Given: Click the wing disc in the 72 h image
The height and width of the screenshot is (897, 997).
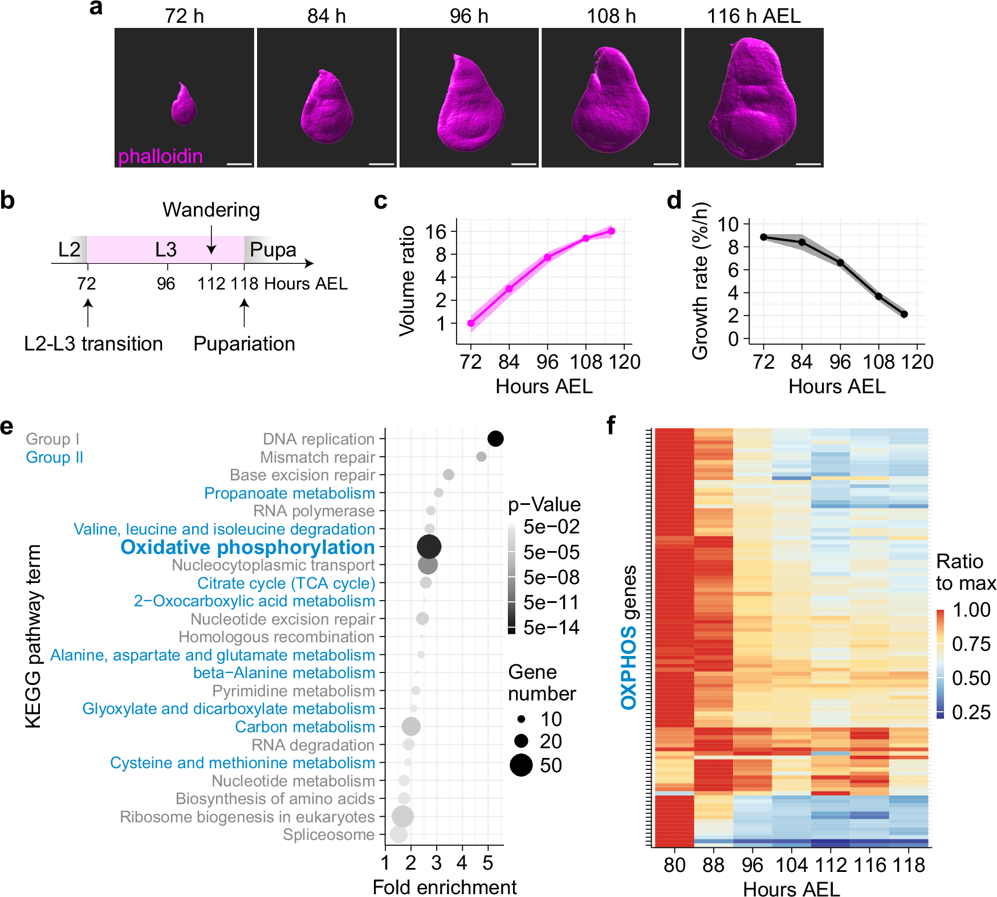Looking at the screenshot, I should pos(184,105).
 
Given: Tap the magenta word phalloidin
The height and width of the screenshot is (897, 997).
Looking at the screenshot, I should pos(160,156).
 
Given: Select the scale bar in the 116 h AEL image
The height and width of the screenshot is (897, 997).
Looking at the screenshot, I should pos(808,164).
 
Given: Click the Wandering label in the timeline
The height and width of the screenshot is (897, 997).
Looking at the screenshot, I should pos(211,210).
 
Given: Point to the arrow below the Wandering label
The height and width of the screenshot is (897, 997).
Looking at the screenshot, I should pos(211,240).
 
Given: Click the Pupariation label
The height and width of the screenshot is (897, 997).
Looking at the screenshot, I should pos(244,344).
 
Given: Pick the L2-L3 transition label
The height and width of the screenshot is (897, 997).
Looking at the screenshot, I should pos(93,344).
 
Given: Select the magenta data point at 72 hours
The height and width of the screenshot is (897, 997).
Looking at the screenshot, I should pos(471,323).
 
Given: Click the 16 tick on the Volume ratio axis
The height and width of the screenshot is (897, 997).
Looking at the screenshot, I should pos(436,232).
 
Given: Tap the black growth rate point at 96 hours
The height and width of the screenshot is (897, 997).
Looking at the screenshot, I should pos(840,263).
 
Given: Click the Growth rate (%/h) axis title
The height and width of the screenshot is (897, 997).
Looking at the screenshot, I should pos(700,281).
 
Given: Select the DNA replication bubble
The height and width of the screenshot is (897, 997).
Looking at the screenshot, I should pos(495,439).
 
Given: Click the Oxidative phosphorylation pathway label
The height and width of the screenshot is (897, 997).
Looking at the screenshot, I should pos(247,547).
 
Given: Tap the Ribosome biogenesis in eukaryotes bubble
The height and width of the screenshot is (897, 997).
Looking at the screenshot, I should pos(402,817).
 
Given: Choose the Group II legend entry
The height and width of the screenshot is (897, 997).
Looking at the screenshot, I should pos(55,457).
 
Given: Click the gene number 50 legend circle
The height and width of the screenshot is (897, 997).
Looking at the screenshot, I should pos(521,765).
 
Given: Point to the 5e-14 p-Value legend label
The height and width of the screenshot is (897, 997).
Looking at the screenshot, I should pos(551,627).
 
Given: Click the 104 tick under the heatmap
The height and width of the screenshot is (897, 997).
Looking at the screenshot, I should pos(791,865).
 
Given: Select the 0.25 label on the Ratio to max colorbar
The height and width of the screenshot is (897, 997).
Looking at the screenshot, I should pos(971,712).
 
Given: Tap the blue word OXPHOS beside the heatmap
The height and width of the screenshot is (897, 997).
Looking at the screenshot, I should pos(628,668).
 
